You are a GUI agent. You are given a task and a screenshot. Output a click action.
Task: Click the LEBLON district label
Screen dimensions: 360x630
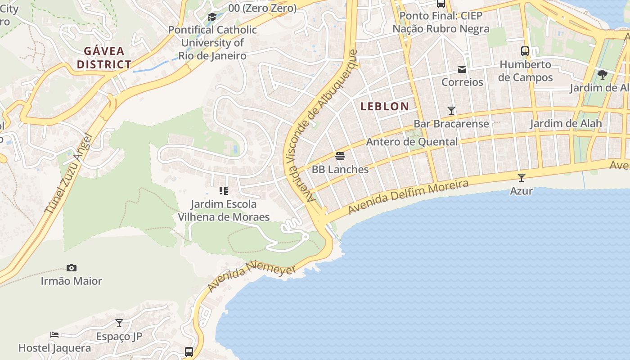pos(385,107)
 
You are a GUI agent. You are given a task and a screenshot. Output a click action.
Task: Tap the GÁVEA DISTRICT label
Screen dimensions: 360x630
pos(104,58)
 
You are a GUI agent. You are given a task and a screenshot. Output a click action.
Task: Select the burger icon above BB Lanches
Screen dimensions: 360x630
pos(340,156)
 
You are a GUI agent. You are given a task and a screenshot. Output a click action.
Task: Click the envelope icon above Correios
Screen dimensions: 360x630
pos(462,69)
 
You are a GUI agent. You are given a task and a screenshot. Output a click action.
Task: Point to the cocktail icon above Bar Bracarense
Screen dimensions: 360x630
pos(451,110)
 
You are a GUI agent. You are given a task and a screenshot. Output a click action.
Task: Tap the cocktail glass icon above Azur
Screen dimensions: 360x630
pos(522,178)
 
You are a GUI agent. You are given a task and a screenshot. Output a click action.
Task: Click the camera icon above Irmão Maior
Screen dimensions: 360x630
pos(72,268)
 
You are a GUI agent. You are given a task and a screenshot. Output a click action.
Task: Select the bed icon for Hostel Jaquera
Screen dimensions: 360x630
pos(54,335)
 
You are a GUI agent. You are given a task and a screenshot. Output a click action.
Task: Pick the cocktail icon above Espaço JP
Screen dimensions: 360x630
pos(119,323)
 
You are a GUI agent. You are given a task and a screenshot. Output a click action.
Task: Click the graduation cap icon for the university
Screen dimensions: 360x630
pos(212,17)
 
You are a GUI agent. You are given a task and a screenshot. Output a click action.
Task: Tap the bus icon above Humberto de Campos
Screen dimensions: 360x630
pos(525,51)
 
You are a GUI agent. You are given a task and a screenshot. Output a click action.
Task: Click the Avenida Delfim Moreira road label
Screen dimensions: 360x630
pos(409,197)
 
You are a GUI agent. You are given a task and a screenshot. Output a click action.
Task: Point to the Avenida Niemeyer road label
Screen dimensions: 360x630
pos(252,277)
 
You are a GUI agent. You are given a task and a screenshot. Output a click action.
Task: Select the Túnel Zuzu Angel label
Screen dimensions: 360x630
pos(68,173)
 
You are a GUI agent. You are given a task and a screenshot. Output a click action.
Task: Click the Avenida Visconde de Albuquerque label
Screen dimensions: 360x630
pos(320,126)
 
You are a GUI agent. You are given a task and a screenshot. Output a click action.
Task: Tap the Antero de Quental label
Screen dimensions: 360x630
pos(412,142)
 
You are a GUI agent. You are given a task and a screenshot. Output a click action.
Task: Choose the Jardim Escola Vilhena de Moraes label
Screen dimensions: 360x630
pos(224,211)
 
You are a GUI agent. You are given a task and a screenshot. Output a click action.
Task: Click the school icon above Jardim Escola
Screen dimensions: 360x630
pos(224,191)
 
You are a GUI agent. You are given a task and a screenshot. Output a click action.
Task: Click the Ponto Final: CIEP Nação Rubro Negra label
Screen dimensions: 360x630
pos(441,22)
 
